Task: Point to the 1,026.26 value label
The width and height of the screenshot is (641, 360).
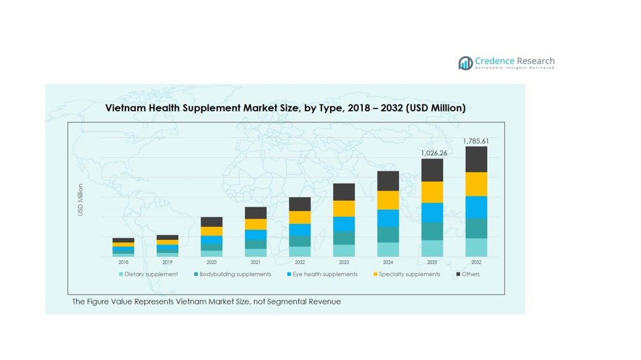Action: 433,153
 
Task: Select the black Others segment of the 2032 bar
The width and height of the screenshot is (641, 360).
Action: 476,160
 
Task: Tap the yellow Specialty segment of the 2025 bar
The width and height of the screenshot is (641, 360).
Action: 432,192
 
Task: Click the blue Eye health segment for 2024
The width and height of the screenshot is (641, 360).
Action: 388,218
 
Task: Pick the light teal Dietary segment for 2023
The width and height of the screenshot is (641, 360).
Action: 344,251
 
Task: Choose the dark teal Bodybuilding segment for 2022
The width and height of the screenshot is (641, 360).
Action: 300,241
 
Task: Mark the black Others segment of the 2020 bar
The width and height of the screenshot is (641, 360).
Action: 211,222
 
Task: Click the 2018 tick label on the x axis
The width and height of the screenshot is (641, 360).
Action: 123,262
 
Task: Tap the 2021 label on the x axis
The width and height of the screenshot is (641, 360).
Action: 255,262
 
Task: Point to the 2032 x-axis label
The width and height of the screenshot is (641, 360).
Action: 476,262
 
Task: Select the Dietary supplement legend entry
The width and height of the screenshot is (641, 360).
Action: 151,274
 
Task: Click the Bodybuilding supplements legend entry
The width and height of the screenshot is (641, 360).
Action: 235,274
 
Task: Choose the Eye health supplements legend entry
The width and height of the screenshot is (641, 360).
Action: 325,274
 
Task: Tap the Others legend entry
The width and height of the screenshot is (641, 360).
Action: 470,274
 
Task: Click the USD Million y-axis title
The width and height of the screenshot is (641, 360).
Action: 80,200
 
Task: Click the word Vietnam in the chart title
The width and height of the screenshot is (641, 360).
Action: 124,108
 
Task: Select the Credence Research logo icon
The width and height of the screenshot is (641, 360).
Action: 465,62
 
